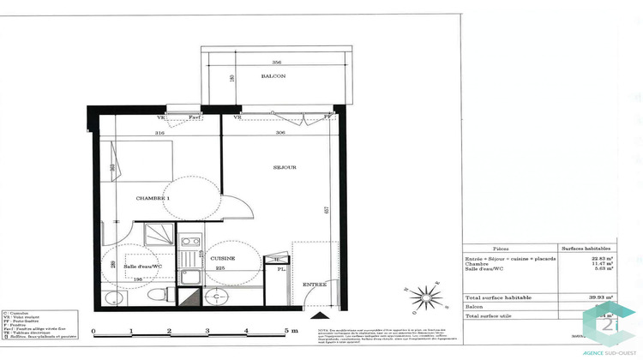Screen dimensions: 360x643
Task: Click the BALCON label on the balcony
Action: pyautogui.click(x=273, y=76)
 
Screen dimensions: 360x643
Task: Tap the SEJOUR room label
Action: pyautogui.click(x=285, y=167)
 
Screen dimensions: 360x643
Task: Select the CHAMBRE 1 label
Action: pyautogui.click(x=153, y=198)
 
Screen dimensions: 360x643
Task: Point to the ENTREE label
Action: pyautogui.click(x=314, y=284)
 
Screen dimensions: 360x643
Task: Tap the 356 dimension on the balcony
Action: pyautogui.click(x=276, y=62)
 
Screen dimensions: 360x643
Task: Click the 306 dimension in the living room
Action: pyautogui.click(x=282, y=132)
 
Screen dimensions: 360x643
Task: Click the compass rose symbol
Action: pyautogui.click(x=424, y=297)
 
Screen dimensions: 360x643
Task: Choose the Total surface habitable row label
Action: pyautogui.click(x=500, y=297)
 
